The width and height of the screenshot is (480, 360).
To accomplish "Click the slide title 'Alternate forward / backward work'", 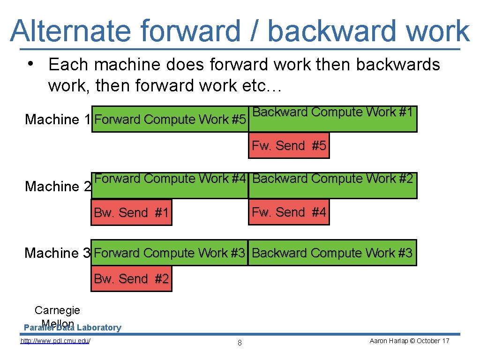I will coord(240,30).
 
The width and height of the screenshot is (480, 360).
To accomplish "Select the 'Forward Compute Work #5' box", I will coord(170,120).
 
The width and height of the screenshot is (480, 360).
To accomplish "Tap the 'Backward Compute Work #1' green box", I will coord(332,119).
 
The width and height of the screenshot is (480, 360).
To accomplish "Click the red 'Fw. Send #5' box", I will coord(289,146).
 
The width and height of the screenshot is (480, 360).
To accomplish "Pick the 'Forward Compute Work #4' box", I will coord(170,185).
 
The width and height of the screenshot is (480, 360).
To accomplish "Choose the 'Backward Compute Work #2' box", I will coord(332,185).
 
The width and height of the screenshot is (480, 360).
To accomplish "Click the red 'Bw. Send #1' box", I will coord(131,213).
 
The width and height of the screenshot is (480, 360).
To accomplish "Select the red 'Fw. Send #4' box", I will coord(289,212).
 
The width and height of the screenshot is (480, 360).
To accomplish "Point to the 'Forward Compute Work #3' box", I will coord(170,253).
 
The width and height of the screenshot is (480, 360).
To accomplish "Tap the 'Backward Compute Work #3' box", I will coord(332,253).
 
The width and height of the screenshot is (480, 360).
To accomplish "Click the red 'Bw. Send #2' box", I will coord(131,279).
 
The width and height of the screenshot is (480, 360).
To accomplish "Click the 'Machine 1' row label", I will coord(58,120).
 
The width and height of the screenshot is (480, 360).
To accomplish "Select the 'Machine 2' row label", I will coord(58,187).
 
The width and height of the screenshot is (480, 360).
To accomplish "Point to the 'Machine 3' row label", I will coord(57,253).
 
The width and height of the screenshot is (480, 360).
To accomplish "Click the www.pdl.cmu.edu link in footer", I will coord(55,341).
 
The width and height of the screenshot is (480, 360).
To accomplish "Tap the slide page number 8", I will coord(240,343).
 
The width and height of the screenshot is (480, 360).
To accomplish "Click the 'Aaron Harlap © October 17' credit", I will coord(409,341).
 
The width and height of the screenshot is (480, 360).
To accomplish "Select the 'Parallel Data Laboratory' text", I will coord(72,328).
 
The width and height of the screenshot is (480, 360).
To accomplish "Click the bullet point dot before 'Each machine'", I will coord(30,63).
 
